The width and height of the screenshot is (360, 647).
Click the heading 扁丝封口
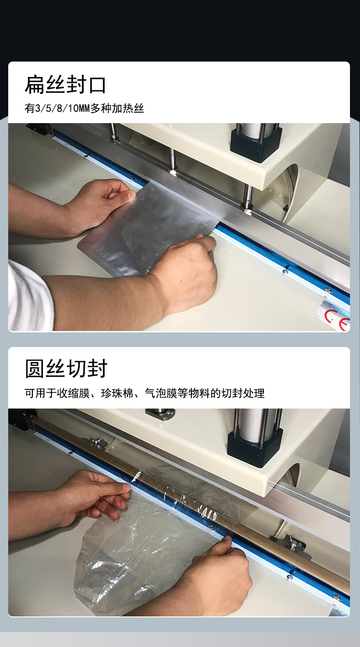[x=66, y=85]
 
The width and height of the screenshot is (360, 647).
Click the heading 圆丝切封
[x=66, y=368]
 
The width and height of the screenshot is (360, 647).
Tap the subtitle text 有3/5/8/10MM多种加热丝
[x=84, y=109]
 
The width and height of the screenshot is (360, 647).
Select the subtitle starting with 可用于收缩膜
[x=144, y=393]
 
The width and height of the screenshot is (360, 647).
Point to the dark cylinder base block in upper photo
[x=256, y=145]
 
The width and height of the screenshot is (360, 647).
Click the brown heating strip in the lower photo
[x=202, y=508]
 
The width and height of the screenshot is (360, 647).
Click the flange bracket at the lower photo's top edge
[x=160, y=414]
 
